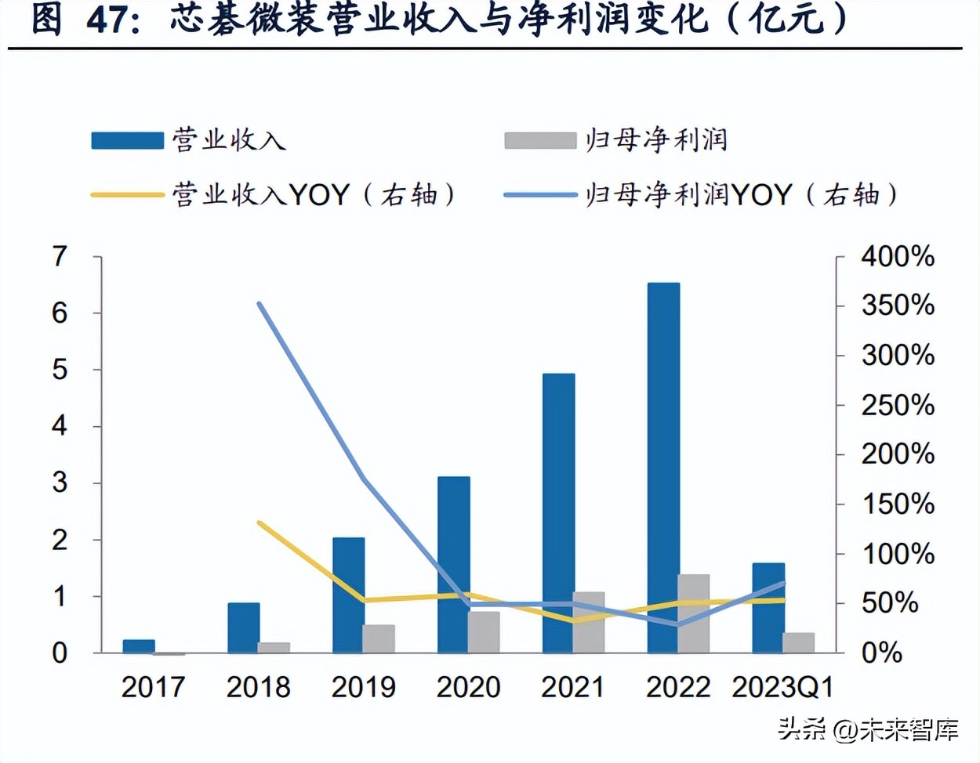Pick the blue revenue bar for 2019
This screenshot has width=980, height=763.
coord(348,595)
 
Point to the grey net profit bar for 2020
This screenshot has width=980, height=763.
coord(484,632)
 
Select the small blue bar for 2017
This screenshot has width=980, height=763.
coord(139,646)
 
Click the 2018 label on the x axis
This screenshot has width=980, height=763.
coord(258,687)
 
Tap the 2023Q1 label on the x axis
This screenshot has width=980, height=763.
coord(782,687)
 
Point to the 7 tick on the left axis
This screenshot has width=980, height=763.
coord(60,256)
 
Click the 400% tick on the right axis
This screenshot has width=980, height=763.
coord(898,256)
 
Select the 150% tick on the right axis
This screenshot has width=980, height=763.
coord(898,504)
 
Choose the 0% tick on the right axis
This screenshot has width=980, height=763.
coord(882,653)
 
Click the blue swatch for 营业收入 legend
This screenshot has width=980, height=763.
coord(127,140)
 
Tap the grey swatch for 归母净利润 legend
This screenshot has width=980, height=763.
coord(540,140)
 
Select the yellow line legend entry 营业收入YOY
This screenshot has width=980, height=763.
coord(274,194)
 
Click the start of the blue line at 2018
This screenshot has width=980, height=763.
coord(260,304)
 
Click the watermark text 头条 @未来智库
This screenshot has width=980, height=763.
coord(868,730)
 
